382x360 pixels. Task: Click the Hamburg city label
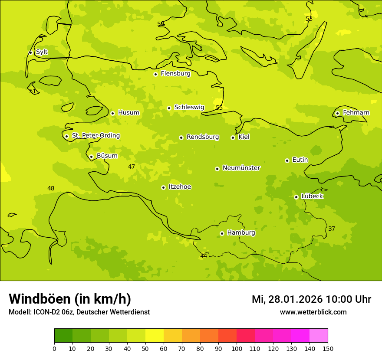(x=241, y=233)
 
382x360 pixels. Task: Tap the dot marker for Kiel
(x=233, y=137)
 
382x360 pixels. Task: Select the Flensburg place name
(x=175, y=74)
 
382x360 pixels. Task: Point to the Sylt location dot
(x=30, y=52)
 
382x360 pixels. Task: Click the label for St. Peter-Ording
(x=95, y=136)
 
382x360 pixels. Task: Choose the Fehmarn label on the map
(x=356, y=113)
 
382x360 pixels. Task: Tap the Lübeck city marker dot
(x=296, y=197)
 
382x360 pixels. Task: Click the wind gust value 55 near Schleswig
(x=219, y=108)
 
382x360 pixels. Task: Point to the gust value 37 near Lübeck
(x=332, y=229)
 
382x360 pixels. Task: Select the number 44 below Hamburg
(x=204, y=256)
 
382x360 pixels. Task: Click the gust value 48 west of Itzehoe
(x=51, y=188)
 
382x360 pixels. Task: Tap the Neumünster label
(x=241, y=168)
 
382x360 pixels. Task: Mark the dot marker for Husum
(x=112, y=113)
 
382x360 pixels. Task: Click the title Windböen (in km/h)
(x=70, y=299)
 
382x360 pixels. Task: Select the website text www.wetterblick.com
(x=313, y=312)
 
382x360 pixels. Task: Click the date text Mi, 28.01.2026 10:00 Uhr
(x=311, y=299)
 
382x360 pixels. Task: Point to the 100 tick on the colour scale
(x=237, y=348)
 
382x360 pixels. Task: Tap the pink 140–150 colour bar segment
(x=319, y=336)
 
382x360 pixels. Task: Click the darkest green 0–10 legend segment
(x=63, y=336)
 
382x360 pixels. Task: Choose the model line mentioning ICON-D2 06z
(x=79, y=312)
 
